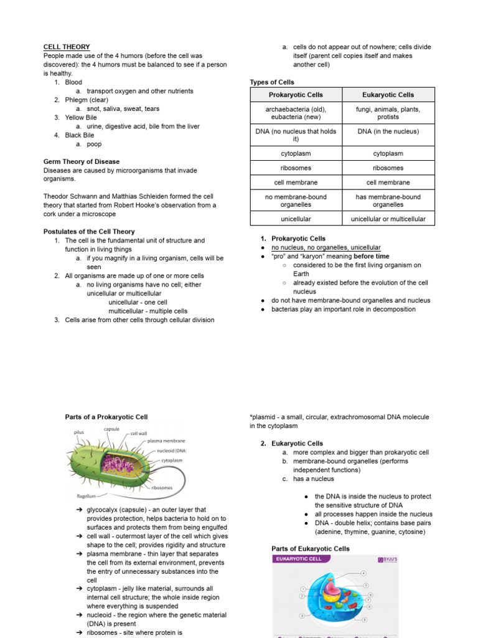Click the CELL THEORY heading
(67, 47)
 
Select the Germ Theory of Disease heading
(82, 161)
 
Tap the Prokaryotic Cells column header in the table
(296, 95)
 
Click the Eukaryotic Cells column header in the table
(388, 95)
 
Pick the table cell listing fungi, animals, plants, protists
(388, 113)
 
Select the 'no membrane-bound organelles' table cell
(296, 201)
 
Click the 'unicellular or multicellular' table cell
(388, 219)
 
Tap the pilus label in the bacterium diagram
(79, 432)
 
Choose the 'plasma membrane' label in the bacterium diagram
(167, 440)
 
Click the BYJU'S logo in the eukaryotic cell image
(387, 559)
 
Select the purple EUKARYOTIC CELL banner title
(299, 559)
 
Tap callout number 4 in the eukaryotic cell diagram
(363, 573)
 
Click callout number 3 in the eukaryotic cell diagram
(302, 616)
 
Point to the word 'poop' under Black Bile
(94, 144)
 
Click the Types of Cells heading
(272, 82)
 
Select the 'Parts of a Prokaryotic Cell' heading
(106, 417)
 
